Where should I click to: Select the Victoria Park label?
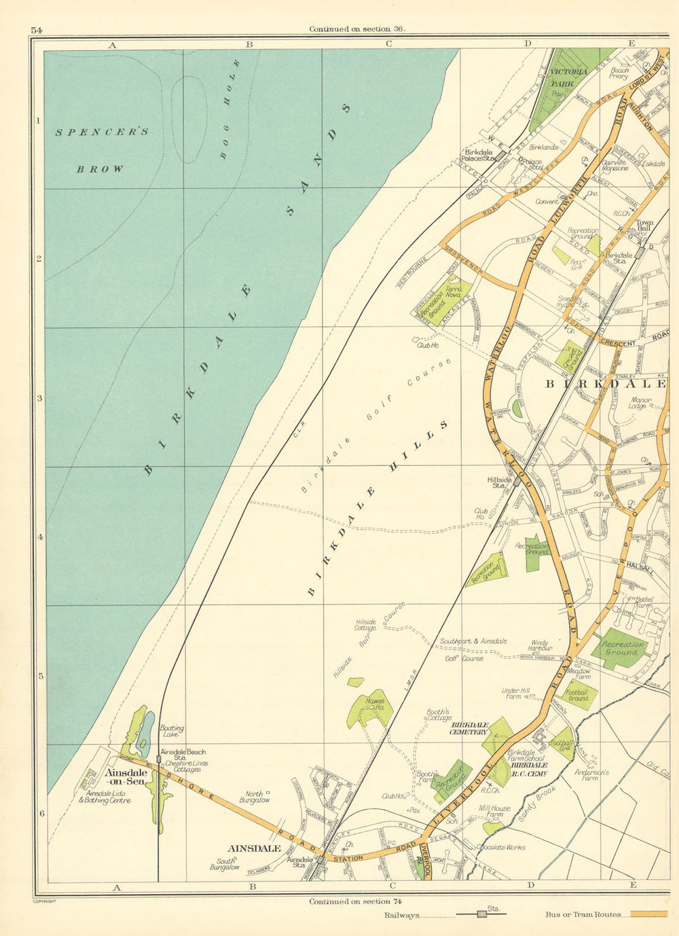pyautogui.click(x=568, y=77)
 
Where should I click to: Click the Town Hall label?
pyautogui.click(x=644, y=226)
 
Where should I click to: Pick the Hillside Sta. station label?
pyautogui.click(x=498, y=482)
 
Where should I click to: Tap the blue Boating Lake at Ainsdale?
pyautogui.click(x=145, y=734)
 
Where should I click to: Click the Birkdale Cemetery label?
pyautogui.click(x=469, y=728)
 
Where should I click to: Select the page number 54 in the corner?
pyautogui.click(x=36, y=30)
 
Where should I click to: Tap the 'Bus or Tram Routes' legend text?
pyautogui.click(x=583, y=914)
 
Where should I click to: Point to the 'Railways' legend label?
pyautogui.click(x=401, y=916)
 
